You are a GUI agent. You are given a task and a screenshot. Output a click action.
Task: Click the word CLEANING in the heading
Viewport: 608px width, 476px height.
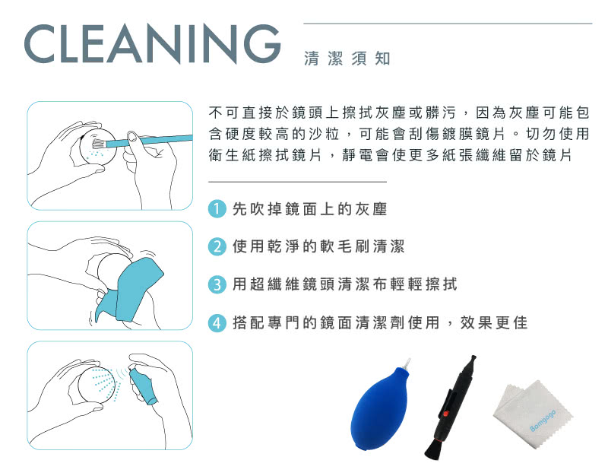[152, 43]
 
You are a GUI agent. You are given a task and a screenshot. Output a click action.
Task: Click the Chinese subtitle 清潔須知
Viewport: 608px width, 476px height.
[347, 59]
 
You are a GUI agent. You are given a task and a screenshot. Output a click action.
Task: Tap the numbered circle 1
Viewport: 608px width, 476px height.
[217, 209]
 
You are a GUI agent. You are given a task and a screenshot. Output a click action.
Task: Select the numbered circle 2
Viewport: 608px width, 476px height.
[217, 246]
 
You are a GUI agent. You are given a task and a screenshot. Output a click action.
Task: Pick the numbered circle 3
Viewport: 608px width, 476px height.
[217, 284]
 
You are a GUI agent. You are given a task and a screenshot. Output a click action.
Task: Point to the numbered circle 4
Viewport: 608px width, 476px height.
[217, 322]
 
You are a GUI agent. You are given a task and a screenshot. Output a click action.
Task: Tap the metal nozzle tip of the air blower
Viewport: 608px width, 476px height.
[407, 364]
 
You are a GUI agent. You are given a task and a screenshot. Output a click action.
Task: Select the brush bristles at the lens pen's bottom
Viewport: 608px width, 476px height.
[434, 450]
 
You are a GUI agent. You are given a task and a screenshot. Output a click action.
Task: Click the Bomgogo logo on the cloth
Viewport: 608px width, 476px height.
[543, 420]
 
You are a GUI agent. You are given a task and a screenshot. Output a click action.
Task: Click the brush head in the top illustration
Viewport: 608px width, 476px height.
[97, 144]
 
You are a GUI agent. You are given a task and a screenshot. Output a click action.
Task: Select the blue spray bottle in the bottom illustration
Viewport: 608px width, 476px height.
[143, 386]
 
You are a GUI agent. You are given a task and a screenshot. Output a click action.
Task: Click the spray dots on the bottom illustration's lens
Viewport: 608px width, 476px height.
[105, 382]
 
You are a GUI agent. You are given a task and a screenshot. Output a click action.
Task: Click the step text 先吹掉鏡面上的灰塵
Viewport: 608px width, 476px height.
[310, 210]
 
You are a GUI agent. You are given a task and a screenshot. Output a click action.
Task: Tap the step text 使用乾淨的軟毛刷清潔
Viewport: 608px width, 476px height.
[318, 246]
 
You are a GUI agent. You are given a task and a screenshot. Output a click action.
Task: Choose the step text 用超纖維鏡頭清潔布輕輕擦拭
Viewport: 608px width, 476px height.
[345, 284]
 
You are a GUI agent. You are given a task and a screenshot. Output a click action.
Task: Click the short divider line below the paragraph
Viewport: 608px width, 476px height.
[297, 182]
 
